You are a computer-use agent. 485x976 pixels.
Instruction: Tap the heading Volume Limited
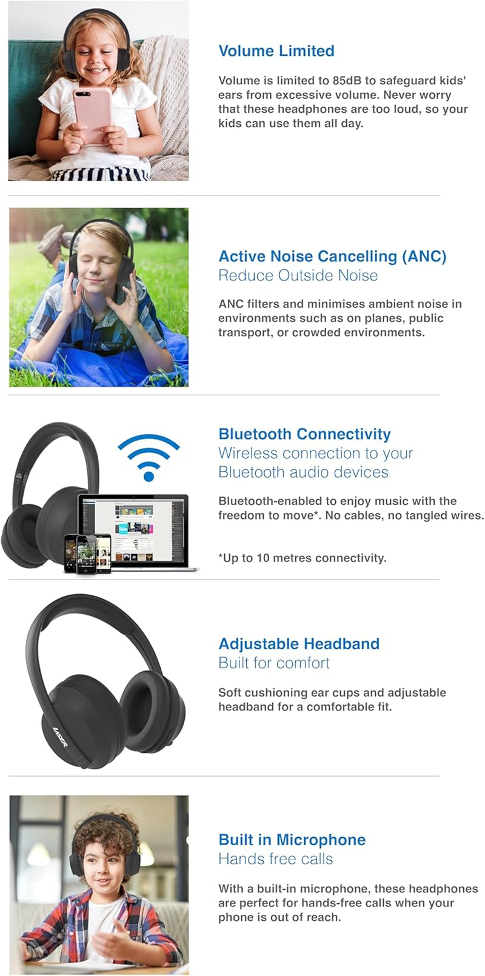pos(276,51)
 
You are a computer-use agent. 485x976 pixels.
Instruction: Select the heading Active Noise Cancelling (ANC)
pos(332,256)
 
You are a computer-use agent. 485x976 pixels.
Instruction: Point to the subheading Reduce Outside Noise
pos(298,276)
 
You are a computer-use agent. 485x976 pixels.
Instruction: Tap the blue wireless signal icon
pos(149,456)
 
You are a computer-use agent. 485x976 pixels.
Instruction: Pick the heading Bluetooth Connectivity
pos(304,434)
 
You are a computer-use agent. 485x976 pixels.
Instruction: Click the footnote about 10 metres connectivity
pos(302,558)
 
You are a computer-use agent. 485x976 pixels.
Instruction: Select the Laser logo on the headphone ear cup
pos(61,737)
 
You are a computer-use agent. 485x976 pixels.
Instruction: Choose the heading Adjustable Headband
pos(299,644)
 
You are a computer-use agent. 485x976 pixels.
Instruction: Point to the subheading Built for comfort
pos(273,663)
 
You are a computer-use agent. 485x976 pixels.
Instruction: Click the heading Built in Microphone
pos(292,840)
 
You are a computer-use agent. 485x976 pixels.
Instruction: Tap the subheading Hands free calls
pos(275,859)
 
